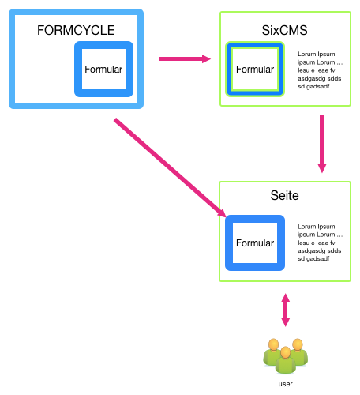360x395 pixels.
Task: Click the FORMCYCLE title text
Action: [x=76, y=30]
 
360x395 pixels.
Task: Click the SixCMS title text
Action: [x=284, y=30]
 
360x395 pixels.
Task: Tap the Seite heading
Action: [x=284, y=195]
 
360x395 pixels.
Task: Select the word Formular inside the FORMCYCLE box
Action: [x=103, y=70]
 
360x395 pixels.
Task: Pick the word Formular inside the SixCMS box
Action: [x=255, y=70]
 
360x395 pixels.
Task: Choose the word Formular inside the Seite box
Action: [x=255, y=243]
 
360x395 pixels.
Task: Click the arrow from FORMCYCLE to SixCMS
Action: [x=185, y=58]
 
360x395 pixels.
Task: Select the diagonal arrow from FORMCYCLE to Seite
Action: [x=170, y=167]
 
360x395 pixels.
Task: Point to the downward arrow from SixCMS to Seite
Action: [x=322, y=144]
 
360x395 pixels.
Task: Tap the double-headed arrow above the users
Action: [x=286, y=310]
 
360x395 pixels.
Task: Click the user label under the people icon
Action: [x=286, y=384]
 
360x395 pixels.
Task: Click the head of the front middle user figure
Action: [x=286, y=352]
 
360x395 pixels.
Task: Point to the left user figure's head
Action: [x=274, y=344]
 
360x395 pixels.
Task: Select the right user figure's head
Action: [x=298, y=344]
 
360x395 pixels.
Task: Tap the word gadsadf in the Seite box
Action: [x=318, y=259]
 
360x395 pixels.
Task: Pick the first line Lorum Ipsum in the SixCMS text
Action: [x=317, y=55]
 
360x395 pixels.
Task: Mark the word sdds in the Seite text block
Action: [x=334, y=250]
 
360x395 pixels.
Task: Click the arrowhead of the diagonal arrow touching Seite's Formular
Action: [x=222, y=213]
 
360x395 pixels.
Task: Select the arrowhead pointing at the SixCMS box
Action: [x=207, y=58]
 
